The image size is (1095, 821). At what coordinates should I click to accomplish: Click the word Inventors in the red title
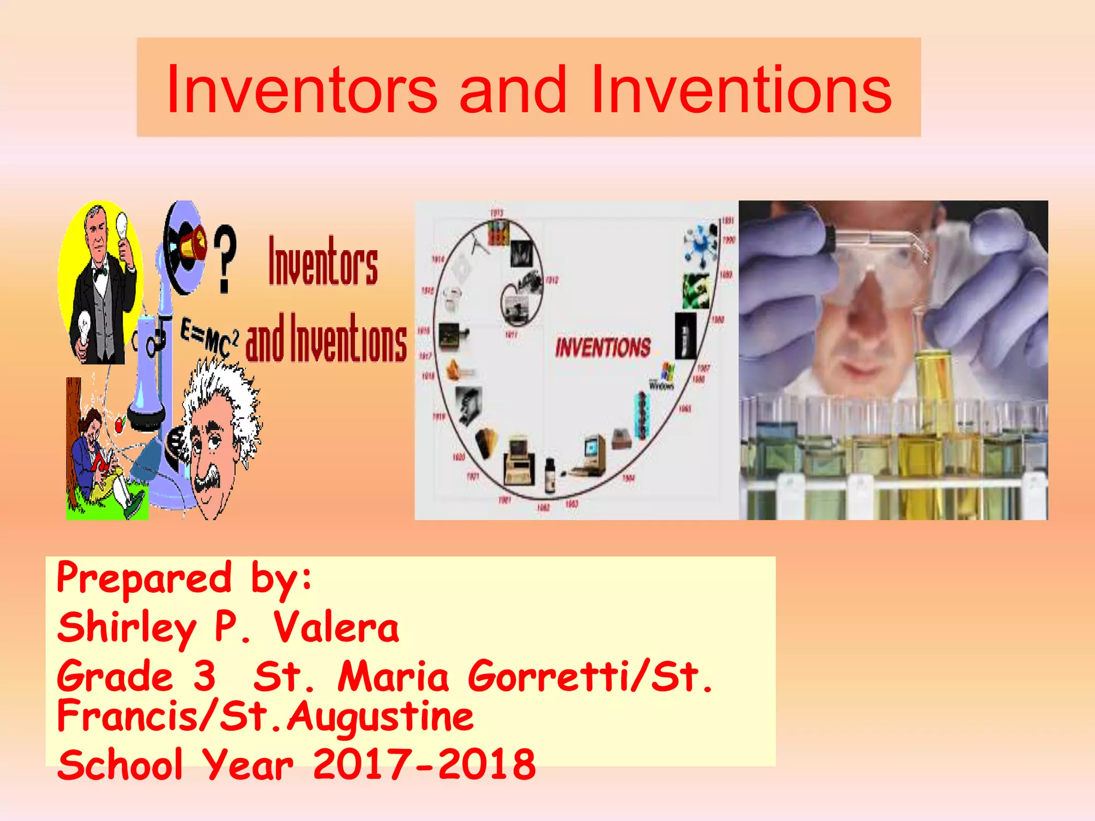[302, 89]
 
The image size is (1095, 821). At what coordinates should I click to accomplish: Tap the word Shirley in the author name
[127, 628]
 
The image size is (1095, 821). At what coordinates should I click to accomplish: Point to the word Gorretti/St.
[590, 676]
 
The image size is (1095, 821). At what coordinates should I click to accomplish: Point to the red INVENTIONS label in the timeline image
[603, 347]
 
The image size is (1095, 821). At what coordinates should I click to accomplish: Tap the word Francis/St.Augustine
[265, 716]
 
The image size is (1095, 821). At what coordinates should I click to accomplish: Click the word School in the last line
[120, 764]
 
